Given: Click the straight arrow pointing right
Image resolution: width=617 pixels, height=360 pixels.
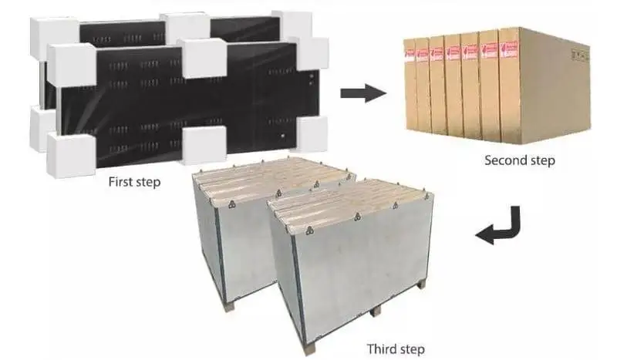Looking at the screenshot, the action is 362,94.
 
